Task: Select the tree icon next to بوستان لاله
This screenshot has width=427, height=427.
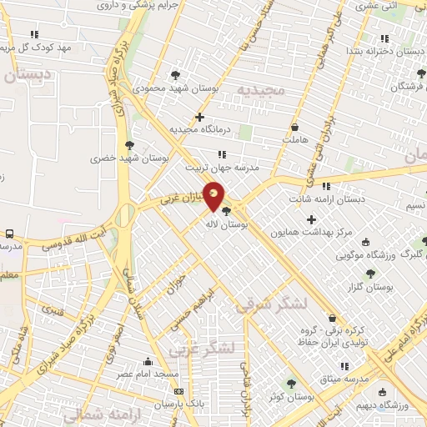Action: (227, 211)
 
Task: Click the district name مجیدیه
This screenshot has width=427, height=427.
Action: (260, 88)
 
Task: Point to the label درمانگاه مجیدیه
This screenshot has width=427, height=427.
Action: (199, 130)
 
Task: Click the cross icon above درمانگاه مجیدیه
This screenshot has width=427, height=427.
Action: (199, 117)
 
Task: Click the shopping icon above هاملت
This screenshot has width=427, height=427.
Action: (295, 127)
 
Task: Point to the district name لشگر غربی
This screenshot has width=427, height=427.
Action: (203, 349)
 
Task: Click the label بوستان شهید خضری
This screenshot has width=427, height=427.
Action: (130, 156)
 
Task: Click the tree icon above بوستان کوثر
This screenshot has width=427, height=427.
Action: (290, 384)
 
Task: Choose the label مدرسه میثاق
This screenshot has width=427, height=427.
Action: (344, 379)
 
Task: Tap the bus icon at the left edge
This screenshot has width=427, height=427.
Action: (9, 234)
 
